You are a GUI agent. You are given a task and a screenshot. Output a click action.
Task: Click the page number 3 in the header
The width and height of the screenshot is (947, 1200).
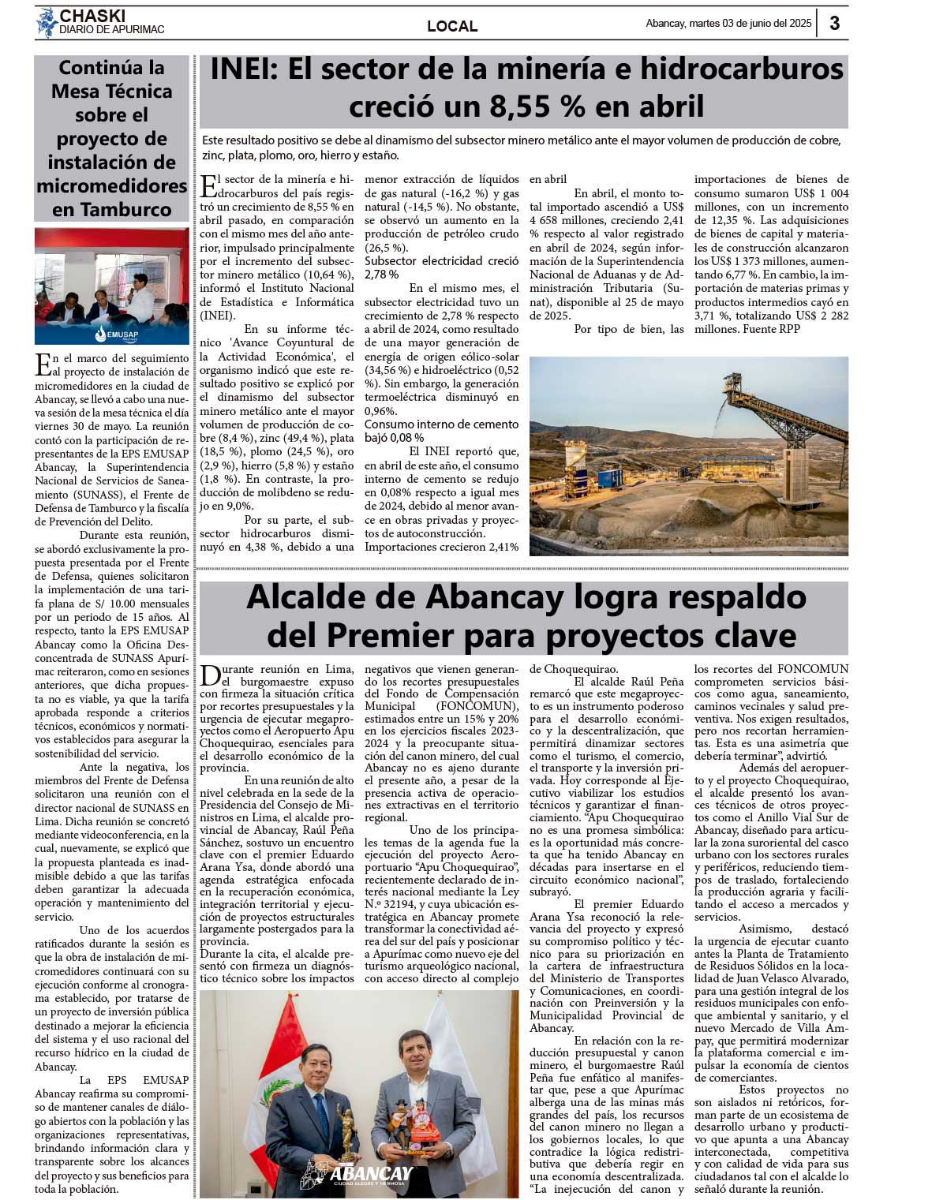pos(834,23)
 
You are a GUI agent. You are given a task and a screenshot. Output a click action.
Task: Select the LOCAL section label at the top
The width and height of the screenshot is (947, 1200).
pos(452,26)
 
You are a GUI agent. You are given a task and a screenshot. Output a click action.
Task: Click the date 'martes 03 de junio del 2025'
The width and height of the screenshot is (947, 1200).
pos(750,23)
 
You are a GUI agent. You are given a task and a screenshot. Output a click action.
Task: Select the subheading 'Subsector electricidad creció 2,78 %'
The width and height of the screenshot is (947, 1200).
pos(441,267)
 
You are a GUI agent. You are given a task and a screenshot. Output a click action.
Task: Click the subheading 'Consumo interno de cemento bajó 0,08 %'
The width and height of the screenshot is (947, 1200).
pos(441,431)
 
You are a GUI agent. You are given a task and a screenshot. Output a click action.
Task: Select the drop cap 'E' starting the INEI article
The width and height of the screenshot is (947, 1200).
pos(208,186)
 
